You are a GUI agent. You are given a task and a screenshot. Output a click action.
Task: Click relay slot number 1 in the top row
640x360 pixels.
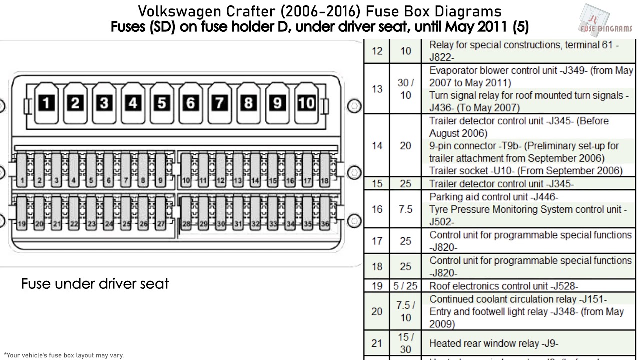click(x=46, y=103)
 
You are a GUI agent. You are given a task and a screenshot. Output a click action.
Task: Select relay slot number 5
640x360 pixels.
click(x=162, y=103)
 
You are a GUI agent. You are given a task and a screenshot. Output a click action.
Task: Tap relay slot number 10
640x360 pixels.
click(x=306, y=103)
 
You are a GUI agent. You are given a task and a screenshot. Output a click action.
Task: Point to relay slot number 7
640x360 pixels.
click(x=220, y=103)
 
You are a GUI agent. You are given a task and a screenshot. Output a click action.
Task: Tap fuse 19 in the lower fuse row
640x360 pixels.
click(x=22, y=213)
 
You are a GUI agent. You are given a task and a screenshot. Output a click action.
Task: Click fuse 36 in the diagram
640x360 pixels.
click(x=325, y=213)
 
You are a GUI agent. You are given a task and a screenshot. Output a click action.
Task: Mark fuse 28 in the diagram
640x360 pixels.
click(x=186, y=213)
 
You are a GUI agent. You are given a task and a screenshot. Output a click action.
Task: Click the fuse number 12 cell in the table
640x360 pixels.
click(x=377, y=51)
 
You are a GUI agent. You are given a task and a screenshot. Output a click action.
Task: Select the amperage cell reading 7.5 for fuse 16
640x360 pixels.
click(x=405, y=209)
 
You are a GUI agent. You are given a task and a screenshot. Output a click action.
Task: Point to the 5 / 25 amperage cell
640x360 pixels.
click(x=405, y=286)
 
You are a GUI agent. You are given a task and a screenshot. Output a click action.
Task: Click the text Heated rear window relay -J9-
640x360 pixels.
click(x=494, y=343)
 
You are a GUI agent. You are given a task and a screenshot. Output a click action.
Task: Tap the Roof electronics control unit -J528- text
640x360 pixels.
click(x=504, y=286)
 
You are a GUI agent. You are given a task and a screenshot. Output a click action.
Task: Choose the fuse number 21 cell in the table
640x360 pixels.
click(x=377, y=343)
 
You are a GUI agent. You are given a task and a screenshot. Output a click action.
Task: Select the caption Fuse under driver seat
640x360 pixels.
click(x=95, y=284)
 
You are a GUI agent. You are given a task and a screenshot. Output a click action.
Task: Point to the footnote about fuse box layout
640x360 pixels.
click(x=64, y=355)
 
